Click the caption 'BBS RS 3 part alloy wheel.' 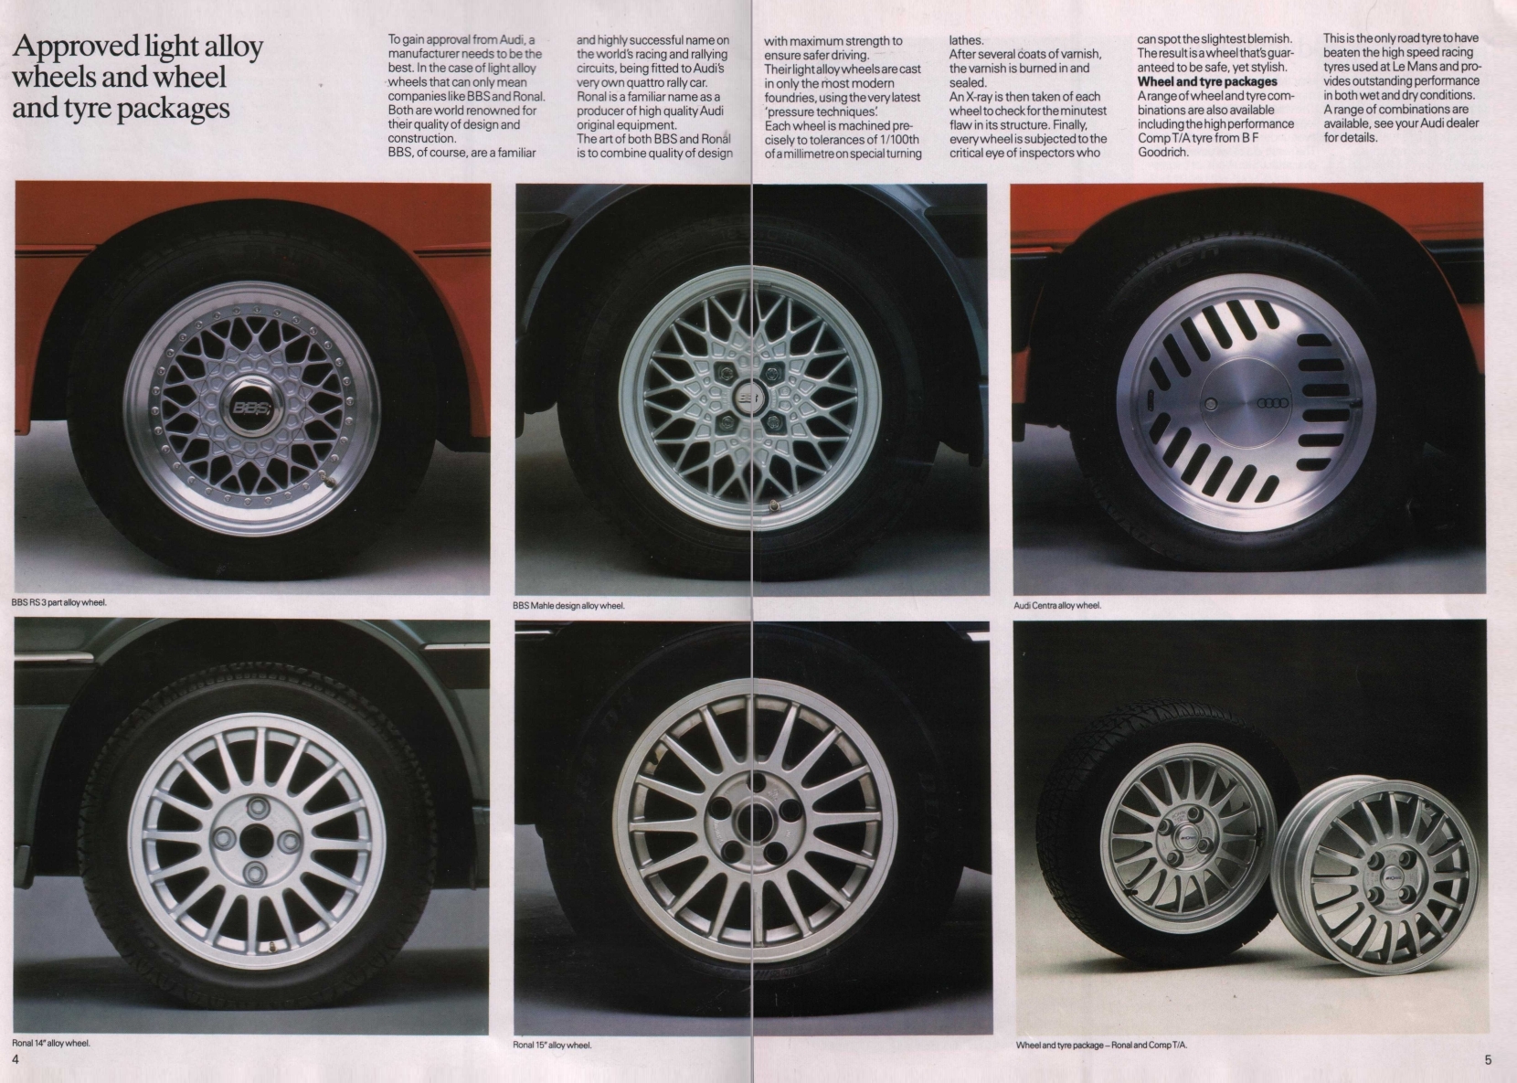tap(58, 602)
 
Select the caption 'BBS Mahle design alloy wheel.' tap(568, 606)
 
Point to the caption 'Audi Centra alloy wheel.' tap(1057, 605)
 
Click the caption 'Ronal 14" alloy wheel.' tap(51, 1043)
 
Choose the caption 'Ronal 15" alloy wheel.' tap(552, 1045)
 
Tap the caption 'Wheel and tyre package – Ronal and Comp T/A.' tap(1102, 1045)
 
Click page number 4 tap(15, 1059)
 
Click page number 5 tap(1488, 1060)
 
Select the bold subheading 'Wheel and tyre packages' tap(1207, 82)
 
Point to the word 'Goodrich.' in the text tap(1162, 153)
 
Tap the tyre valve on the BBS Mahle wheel tap(772, 504)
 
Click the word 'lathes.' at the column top tap(967, 40)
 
